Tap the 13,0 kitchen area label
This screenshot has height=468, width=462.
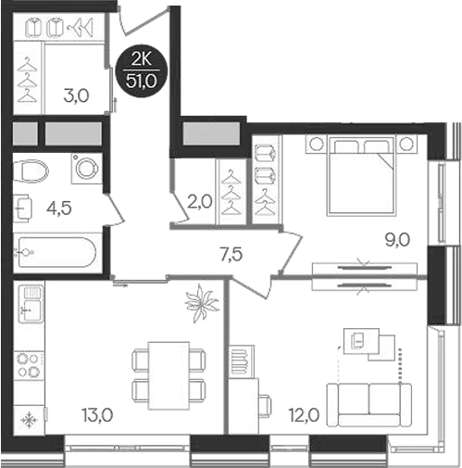click(95, 415)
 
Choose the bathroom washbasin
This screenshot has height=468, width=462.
click(22, 209)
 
